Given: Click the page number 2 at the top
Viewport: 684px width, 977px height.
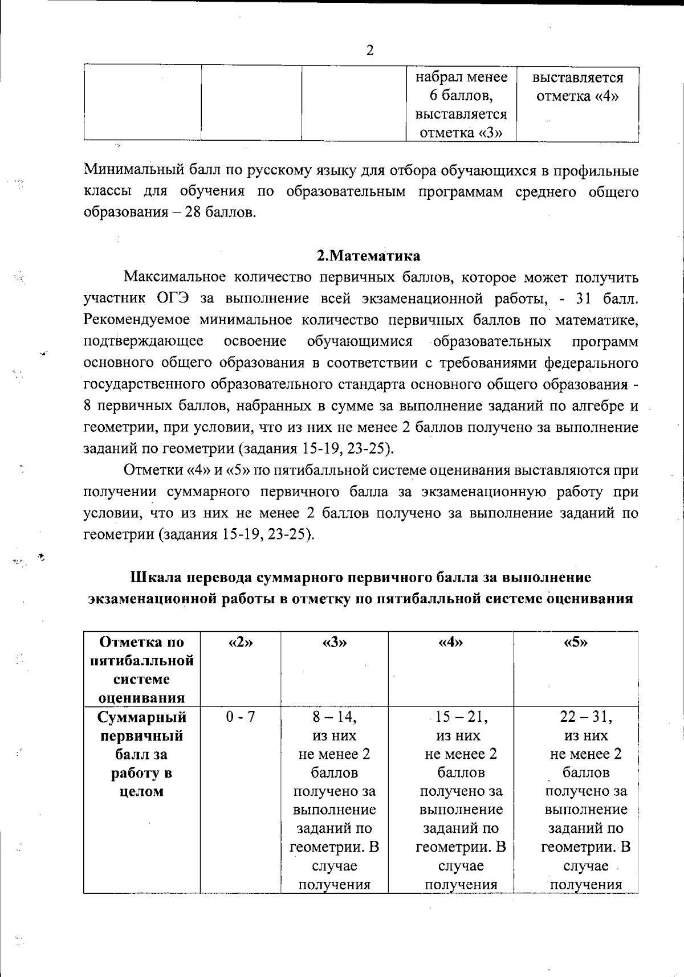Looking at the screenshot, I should (369, 51).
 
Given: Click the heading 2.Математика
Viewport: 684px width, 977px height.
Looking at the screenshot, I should (369, 256).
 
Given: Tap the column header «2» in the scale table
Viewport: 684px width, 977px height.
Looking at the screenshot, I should (240, 643).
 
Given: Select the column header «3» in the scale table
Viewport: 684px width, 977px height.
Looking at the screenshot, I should (334, 643).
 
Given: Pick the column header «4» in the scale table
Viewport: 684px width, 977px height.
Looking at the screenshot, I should (450, 643).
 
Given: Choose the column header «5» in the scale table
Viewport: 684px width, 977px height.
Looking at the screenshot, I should (575, 643).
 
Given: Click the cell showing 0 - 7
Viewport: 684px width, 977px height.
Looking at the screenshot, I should (240, 717).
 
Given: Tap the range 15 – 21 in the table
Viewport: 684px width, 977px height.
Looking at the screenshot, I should (461, 717).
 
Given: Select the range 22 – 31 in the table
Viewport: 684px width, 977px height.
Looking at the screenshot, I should (585, 717).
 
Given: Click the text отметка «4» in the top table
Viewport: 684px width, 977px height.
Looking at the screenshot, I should (577, 96).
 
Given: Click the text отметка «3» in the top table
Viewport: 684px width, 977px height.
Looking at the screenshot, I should (461, 133).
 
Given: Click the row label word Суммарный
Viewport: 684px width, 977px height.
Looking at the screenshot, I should (141, 717).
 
